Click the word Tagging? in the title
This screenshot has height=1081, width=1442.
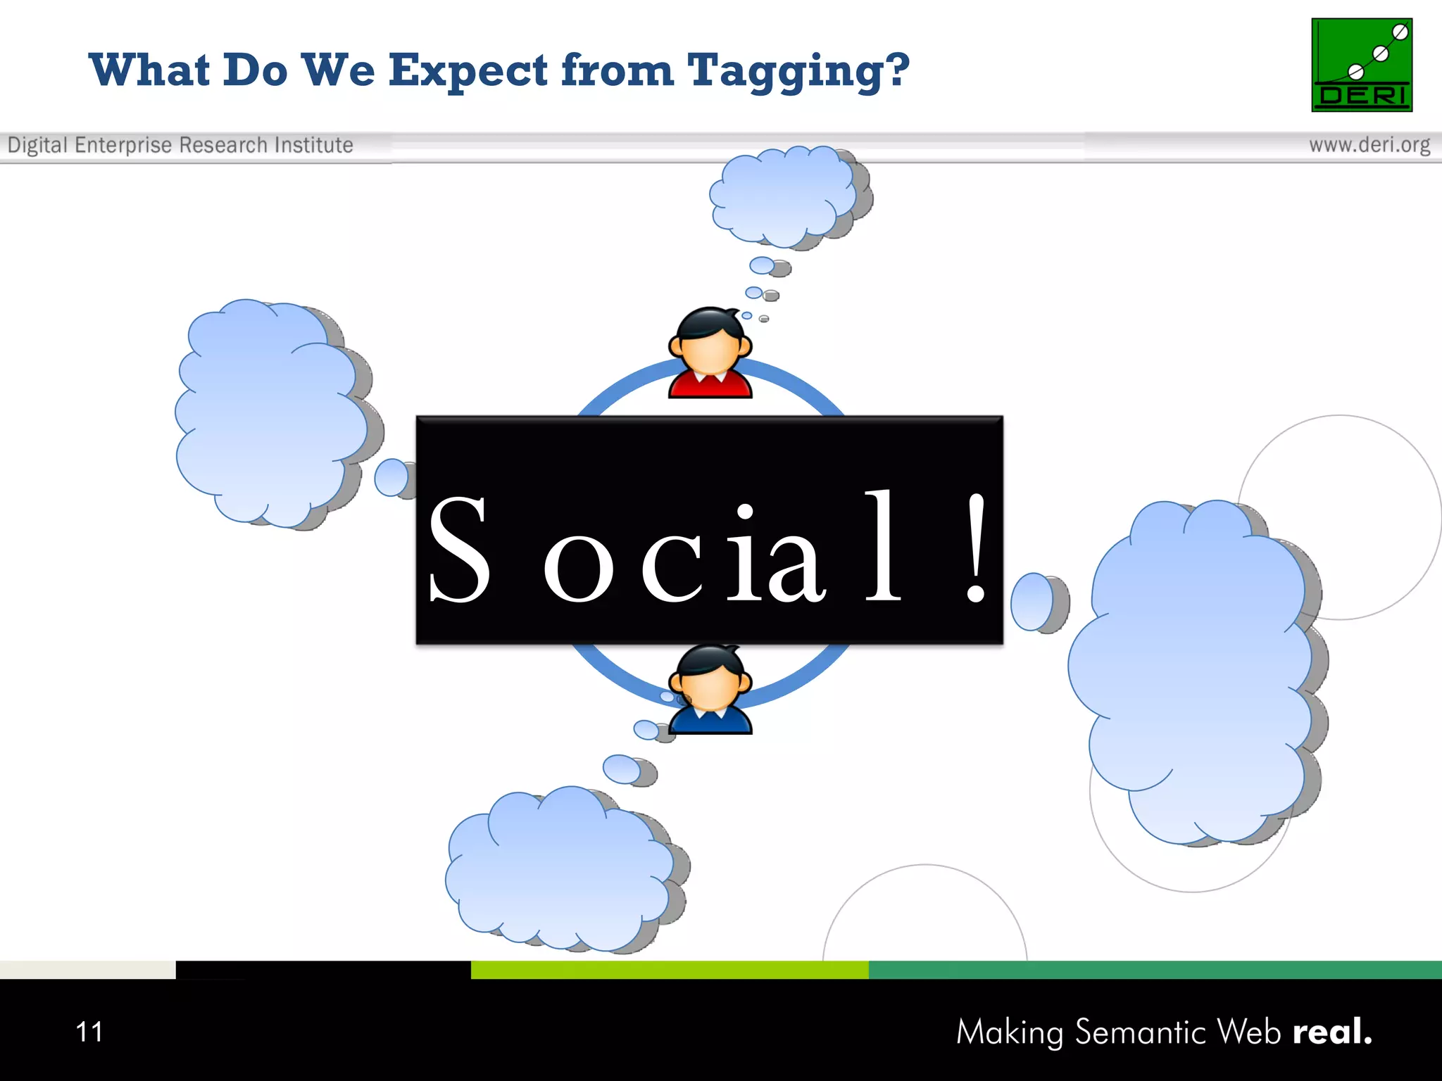click(x=798, y=72)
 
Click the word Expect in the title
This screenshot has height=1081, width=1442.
click(x=468, y=72)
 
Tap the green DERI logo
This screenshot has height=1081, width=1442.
click(x=1361, y=65)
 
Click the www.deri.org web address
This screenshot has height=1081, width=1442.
click(x=1369, y=145)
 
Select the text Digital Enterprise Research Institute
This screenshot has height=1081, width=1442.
click(x=180, y=145)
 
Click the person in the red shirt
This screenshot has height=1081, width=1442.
click(x=710, y=353)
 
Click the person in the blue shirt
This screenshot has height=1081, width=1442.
click(x=710, y=691)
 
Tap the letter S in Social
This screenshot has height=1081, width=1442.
click(x=459, y=549)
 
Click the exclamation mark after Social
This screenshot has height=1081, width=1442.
click(x=975, y=548)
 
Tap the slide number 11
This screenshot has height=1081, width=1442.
click(x=89, y=1032)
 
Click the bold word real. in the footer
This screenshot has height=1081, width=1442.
click(x=1332, y=1032)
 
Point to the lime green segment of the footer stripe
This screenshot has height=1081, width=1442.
click(x=669, y=970)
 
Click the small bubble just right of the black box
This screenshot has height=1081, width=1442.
click(x=1034, y=602)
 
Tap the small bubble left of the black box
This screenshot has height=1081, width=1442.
click(x=391, y=478)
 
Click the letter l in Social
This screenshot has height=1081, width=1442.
click(x=883, y=545)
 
